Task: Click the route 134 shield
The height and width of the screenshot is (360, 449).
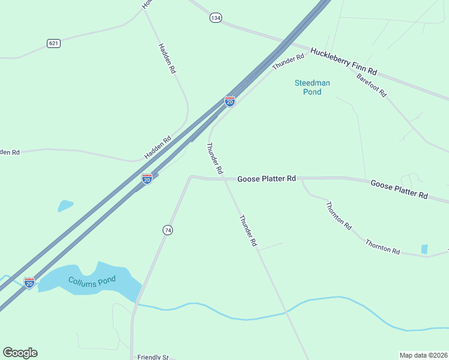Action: click(x=215, y=18)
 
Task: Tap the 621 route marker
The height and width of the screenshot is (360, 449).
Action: click(x=53, y=43)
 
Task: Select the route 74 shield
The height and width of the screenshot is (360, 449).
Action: click(x=168, y=230)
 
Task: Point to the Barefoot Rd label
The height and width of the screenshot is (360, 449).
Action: click(x=371, y=85)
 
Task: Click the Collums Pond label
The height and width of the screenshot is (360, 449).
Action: click(x=91, y=282)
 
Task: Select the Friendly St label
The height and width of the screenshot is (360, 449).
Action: click(x=152, y=357)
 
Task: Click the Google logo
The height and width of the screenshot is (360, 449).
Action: click(x=20, y=353)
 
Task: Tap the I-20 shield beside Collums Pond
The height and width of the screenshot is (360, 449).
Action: click(x=29, y=283)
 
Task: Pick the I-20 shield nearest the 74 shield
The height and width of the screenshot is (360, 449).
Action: click(x=146, y=179)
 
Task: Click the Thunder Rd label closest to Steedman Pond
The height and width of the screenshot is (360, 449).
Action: click(x=288, y=62)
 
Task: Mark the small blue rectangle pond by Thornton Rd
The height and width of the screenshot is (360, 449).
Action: click(x=425, y=249)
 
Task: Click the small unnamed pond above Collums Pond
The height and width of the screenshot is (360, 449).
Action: click(x=65, y=206)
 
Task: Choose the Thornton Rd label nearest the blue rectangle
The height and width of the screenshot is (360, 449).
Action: click(x=383, y=247)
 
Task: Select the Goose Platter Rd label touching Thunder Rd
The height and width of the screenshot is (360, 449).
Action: click(x=267, y=179)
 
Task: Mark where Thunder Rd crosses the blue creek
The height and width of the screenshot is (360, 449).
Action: click(x=286, y=313)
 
